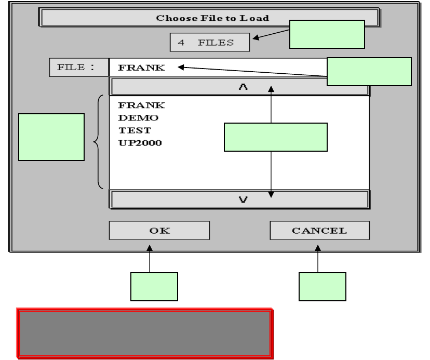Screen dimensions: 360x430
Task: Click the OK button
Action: (x=159, y=231)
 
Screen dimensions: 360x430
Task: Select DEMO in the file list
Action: (x=131, y=118)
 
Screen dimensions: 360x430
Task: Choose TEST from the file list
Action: (x=127, y=130)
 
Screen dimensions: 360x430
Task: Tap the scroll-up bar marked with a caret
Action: (x=239, y=87)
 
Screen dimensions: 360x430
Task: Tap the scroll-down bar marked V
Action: (x=239, y=199)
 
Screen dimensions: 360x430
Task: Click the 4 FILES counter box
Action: (x=210, y=43)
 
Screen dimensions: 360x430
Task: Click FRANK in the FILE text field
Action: (x=141, y=67)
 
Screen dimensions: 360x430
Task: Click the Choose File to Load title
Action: (x=212, y=18)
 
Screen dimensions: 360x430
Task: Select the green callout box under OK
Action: (x=154, y=287)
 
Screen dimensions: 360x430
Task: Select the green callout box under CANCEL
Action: (x=322, y=287)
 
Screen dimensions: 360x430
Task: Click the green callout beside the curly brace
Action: (x=51, y=137)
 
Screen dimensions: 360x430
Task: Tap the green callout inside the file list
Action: (x=275, y=137)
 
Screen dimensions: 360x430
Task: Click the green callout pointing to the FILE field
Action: (x=369, y=72)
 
